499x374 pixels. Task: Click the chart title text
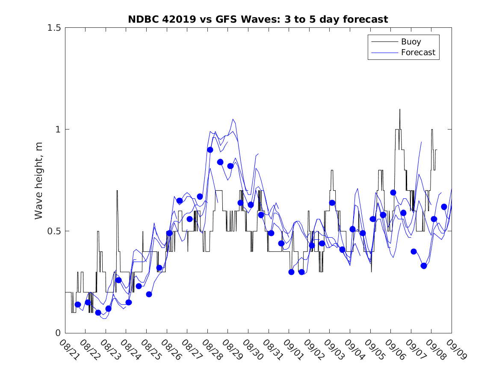click(x=258, y=19)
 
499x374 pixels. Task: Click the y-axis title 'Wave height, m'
click(x=39, y=180)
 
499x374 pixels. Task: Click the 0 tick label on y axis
click(x=58, y=333)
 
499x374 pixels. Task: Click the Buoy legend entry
click(x=410, y=42)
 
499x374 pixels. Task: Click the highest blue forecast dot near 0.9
click(x=210, y=150)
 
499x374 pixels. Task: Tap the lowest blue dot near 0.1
click(x=98, y=312)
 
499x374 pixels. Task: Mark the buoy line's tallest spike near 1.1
click(x=400, y=109)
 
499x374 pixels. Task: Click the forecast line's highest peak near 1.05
click(x=233, y=119)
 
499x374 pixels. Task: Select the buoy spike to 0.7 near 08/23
click(x=117, y=191)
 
